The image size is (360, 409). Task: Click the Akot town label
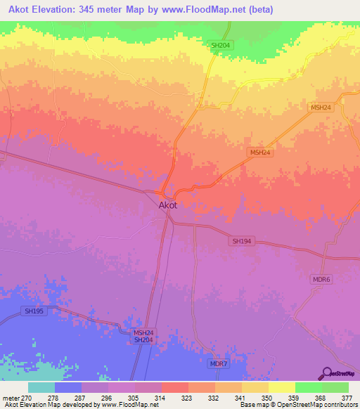tap(167, 205)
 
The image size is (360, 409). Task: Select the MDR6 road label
tap(321, 279)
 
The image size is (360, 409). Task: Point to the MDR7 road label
tap(219, 363)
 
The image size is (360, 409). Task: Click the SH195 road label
tap(34, 311)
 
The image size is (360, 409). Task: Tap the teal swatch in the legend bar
tap(41, 387)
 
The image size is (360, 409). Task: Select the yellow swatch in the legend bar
tap(281, 387)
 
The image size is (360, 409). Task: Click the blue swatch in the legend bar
tap(68, 387)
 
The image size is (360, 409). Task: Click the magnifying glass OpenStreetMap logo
tap(326, 372)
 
